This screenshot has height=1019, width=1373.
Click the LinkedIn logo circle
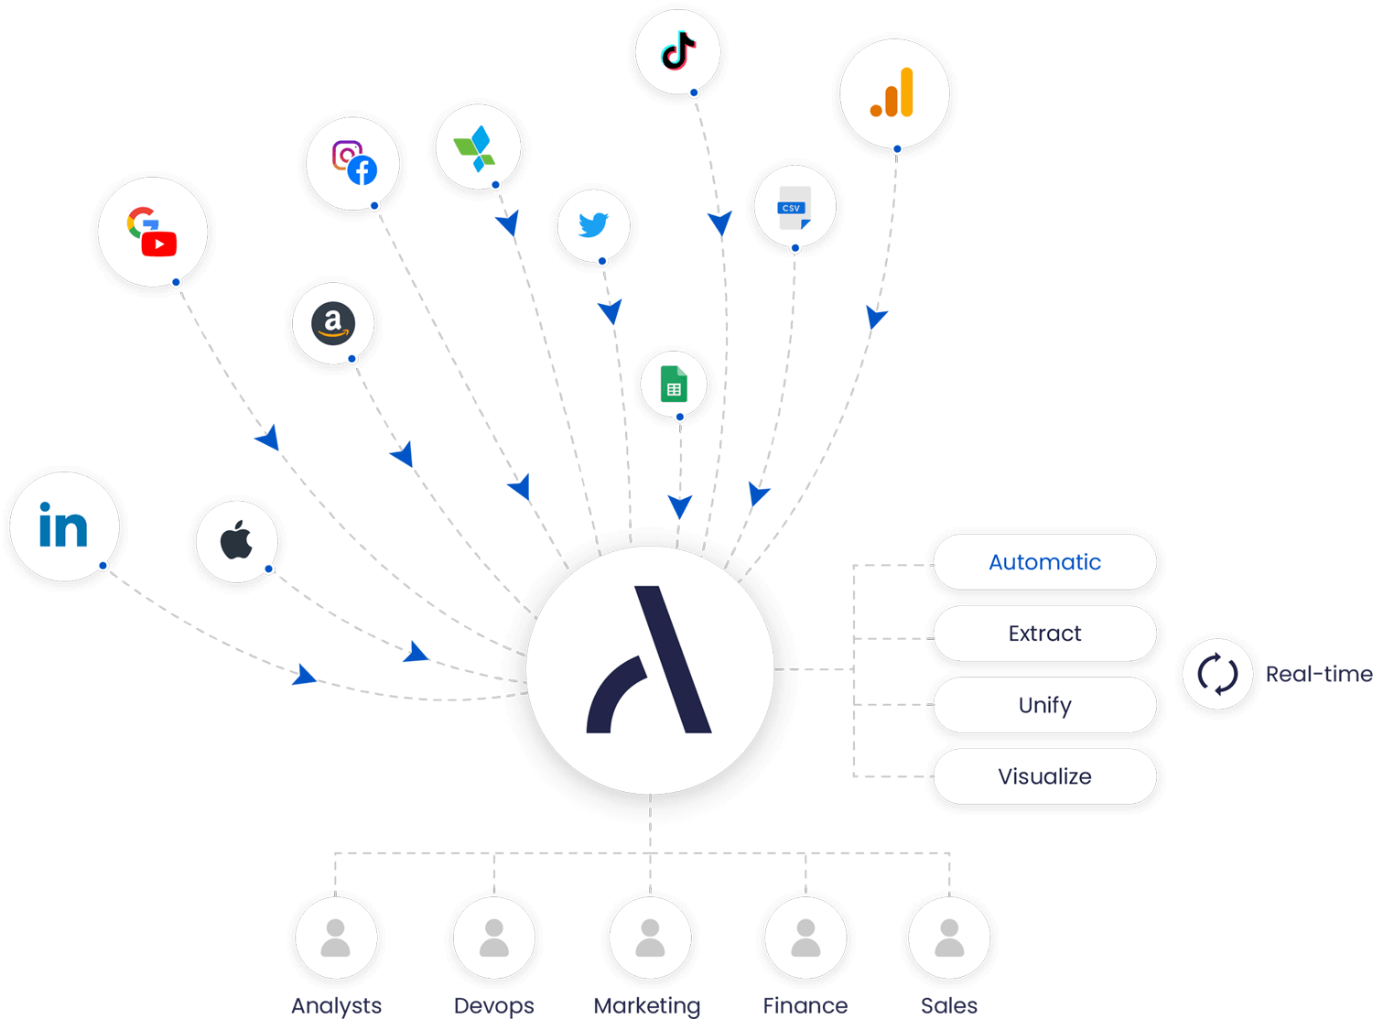coord(64,526)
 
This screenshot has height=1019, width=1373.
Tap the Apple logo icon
coord(236,540)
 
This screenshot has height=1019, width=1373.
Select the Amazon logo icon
coord(333,323)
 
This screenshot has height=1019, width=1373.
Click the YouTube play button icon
coord(159,244)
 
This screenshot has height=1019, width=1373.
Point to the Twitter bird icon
coord(593,224)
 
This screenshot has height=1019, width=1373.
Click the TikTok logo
coord(678,51)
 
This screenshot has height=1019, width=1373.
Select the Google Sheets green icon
coord(674,384)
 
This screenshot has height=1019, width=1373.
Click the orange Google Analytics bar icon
coord(893,93)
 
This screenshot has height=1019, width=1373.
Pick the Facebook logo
coord(362,170)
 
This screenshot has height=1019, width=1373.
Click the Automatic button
coord(1044,562)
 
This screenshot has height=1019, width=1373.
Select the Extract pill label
coord(1044,634)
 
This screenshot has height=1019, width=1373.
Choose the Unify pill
coord(1044,705)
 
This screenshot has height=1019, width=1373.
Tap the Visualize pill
coord(1044,776)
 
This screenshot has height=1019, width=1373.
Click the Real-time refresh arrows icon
coord(1217,674)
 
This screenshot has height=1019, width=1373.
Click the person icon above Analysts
coord(336,938)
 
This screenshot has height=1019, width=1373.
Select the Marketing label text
coord(647,1005)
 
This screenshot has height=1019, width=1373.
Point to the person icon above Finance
coord(805,938)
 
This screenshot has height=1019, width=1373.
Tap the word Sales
coord(949,1005)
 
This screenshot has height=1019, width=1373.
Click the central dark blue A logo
coord(651,664)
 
